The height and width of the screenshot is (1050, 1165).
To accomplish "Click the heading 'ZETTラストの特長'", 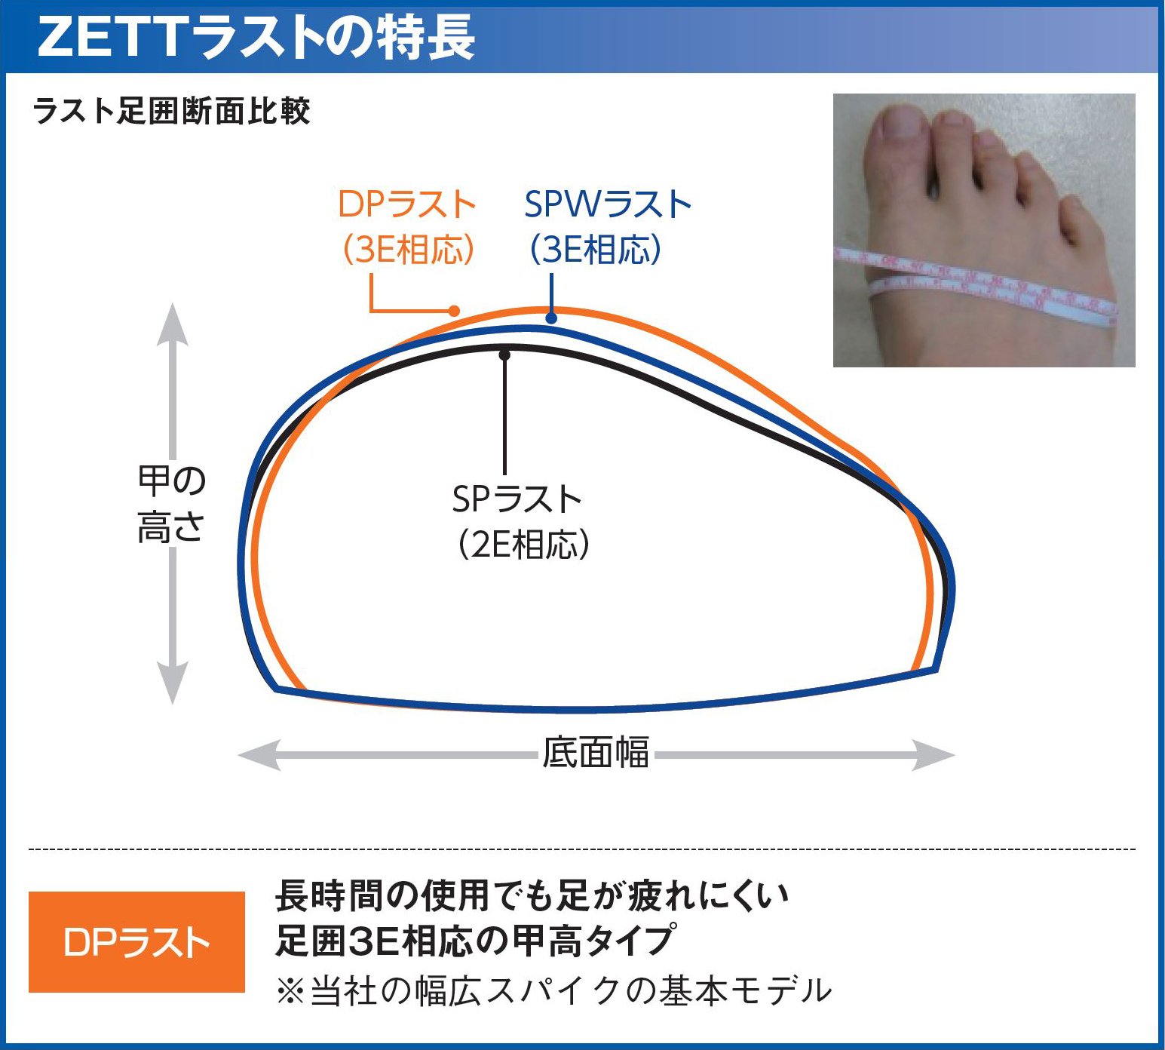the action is click(x=256, y=37).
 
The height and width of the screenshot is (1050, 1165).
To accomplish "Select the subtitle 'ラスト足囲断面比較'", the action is click(x=172, y=111).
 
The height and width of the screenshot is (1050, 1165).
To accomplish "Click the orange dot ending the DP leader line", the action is click(x=453, y=310).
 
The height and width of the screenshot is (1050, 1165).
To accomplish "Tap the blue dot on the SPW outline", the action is click(x=551, y=318).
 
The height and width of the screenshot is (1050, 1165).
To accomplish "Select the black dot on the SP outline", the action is click(x=504, y=355).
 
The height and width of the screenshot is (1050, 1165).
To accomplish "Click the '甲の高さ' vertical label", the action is click(x=172, y=504).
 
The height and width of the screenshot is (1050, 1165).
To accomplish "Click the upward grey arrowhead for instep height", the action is click(x=172, y=324).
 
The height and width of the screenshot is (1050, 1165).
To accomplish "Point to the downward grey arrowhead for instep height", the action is click(x=172, y=683).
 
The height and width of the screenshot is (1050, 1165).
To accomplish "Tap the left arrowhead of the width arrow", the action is click(x=259, y=754).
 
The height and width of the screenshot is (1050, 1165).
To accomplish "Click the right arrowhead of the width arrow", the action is click(x=934, y=754).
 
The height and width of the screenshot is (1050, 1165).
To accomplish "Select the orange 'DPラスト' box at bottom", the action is click(x=136, y=942).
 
